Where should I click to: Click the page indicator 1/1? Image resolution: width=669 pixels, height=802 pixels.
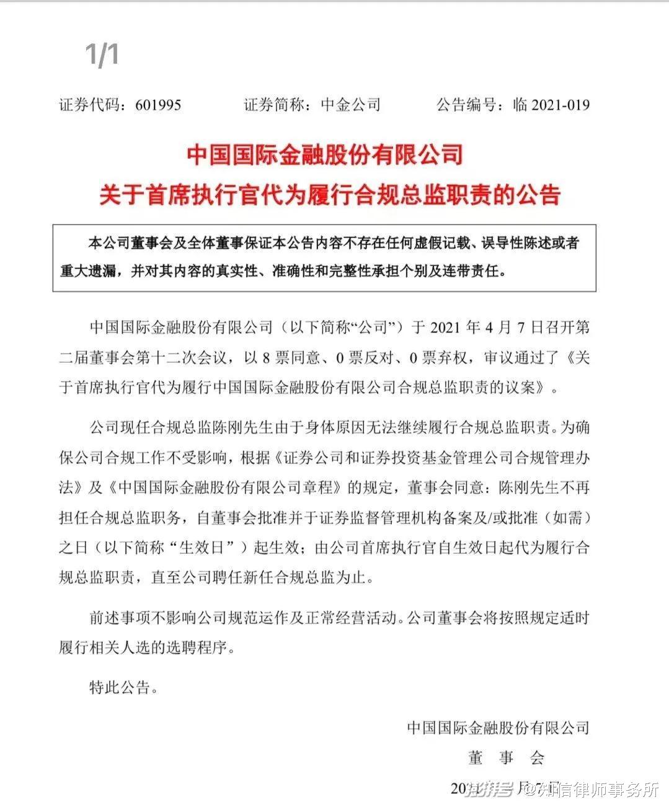pos(102,55)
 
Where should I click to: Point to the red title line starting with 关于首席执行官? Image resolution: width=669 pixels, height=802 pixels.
pos(330,194)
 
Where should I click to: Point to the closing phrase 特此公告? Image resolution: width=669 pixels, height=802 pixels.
pos(120,687)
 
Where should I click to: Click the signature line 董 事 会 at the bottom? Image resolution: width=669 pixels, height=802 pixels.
pos(506,757)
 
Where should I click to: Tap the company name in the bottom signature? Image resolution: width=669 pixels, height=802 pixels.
pos(498,727)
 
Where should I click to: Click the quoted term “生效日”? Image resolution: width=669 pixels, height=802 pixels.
pos(206,548)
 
